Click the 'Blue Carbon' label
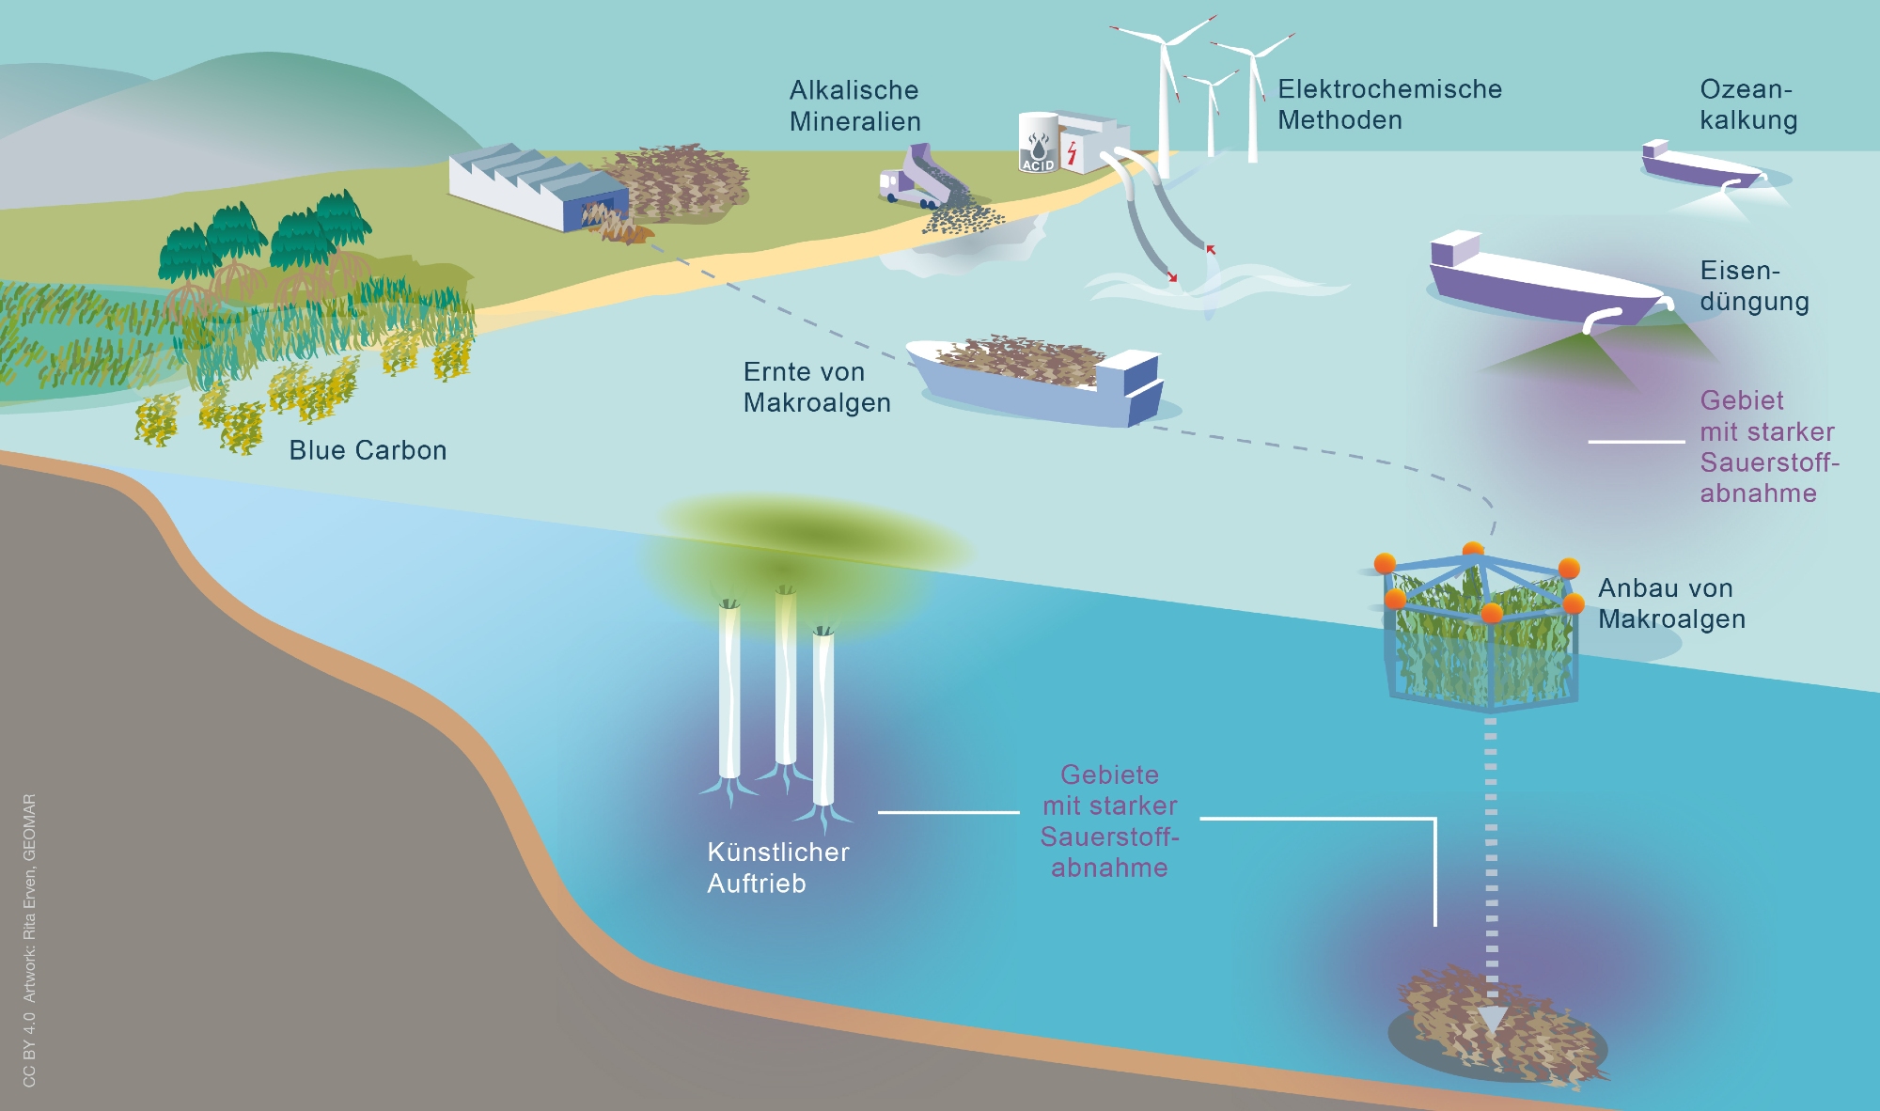(x=368, y=450)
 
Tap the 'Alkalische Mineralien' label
(x=854, y=105)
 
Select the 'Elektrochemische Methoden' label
(x=1389, y=104)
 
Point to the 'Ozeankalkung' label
(x=1748, y=104)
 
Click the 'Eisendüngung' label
(x=1754, y=286)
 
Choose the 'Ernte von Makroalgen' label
(x=816, y=386)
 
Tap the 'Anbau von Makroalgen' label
(x=1671, y=603)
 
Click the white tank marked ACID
(x=1038, y=143)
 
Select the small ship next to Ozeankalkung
(x=1697, y=165)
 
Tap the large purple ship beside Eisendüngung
(x=1542, y=282)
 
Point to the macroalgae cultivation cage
(x=1480, y=630)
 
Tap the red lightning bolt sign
(x=1071, y=152)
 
